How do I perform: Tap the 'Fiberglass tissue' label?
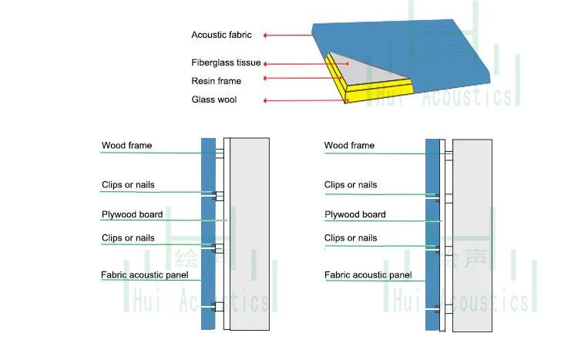pos(226,63)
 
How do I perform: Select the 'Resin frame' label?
pos(216,81)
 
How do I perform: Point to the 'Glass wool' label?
pos(214,99)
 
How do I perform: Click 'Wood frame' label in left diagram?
pos(126,146)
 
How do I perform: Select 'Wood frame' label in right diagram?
pos(349,146)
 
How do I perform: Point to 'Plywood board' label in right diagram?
pos(355,214)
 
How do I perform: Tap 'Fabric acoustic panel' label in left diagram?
pos(145,274)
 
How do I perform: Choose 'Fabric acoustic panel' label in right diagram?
pos(368,274)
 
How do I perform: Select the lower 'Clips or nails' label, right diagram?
pos(351,238)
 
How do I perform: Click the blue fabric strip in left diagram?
pos(208,231)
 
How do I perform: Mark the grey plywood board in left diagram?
pos(250,231)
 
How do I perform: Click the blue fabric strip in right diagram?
pos(432,231)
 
